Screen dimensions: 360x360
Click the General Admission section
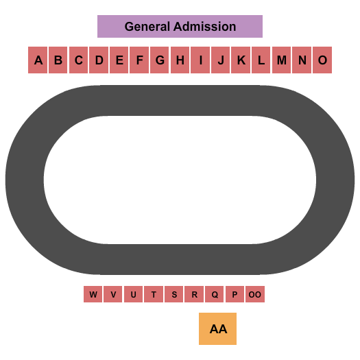(x=180, y=27)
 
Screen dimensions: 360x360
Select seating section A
(x=38, y=60)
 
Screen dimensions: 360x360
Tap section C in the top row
(x=79, y=60)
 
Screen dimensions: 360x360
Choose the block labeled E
(x=119, y=60)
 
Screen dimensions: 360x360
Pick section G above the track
(x=159, y=60)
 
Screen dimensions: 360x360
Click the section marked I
(x=200, y=60)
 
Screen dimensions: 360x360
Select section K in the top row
(x=241, y=60)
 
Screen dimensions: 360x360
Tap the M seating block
(x=281, y=60)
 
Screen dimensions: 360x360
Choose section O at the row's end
(x=322, y=60)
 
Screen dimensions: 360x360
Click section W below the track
(x=93, y=294)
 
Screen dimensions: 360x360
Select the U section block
(x=134, y=294)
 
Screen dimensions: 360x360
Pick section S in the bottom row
(x=174, y=294)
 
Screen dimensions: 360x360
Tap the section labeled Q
(x=214, y=294)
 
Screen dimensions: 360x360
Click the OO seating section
(x=255, y=294)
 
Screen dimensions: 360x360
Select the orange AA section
(x=217, y=328)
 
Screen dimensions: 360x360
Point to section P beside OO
(x=235, y=294)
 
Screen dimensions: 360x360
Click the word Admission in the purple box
(x=204, y=27)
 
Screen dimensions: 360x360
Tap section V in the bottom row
(x=112, y=294)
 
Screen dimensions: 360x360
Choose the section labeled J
(x=220, y=60)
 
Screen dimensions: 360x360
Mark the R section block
(x=194, y=294)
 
